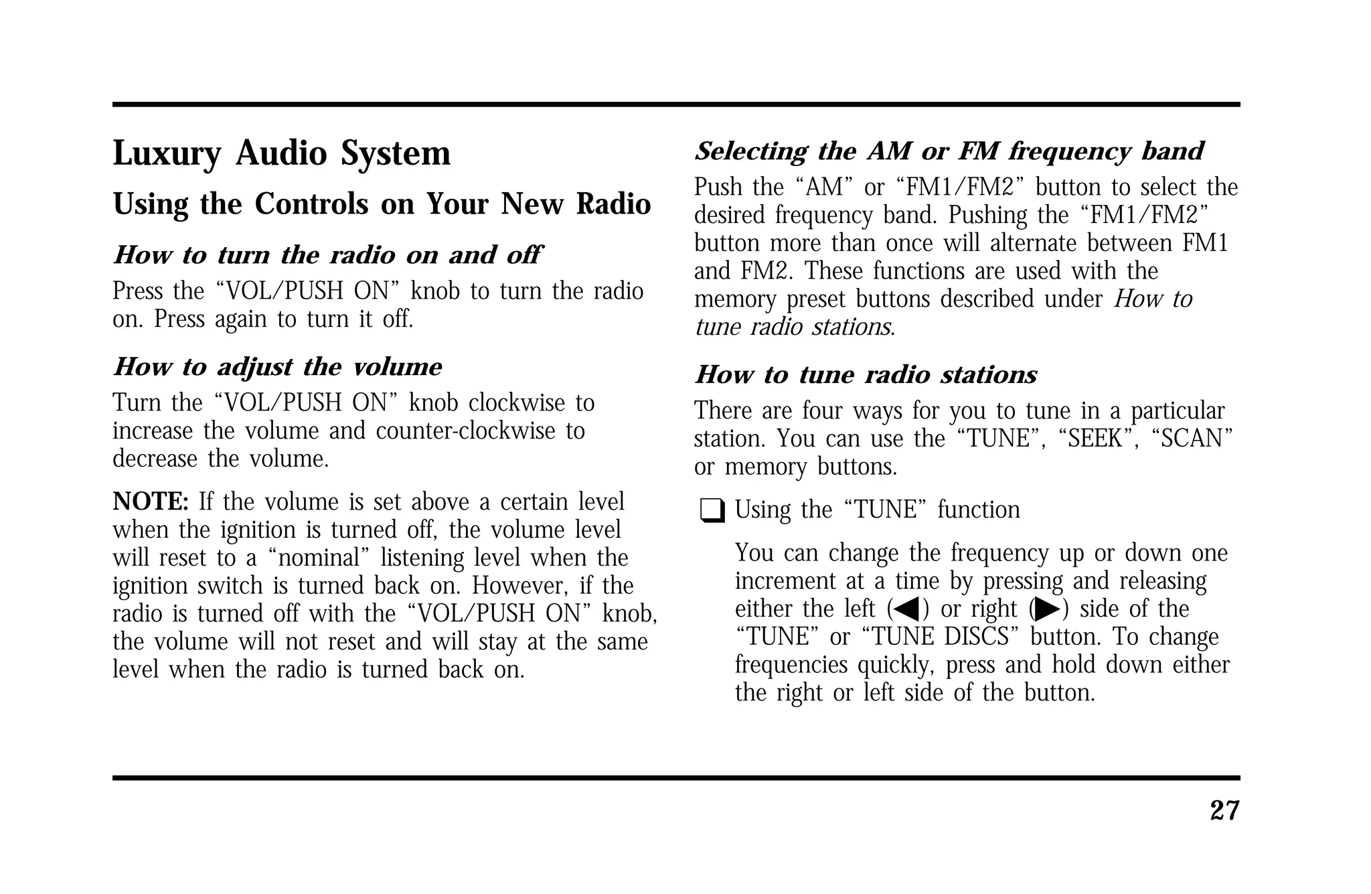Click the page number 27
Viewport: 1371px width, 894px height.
[1224, 811]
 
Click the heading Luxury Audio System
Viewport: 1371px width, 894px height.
[281, 153]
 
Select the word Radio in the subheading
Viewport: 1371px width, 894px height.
[613, 204]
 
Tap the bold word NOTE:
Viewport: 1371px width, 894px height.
[151, 502]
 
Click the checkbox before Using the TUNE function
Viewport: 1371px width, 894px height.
[712, 512]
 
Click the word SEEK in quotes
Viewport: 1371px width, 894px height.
[1097, 439]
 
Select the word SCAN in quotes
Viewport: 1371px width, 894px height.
[1192, 439]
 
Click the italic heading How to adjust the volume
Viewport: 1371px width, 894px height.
[277, 367]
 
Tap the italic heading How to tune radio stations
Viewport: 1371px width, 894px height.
[866, 375]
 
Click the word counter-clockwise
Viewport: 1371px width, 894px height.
[461, 431]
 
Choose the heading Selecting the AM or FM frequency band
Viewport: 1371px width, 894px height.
[949, 151]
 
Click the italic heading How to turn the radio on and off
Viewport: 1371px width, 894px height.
[327, 255]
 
